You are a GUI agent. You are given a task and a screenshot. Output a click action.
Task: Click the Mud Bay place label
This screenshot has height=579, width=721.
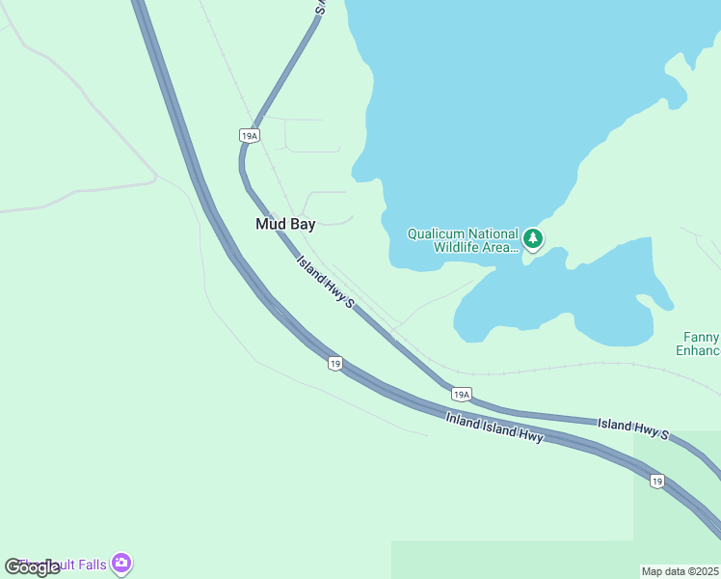pos(284,224)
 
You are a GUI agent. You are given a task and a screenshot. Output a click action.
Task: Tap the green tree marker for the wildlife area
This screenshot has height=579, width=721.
pos(533,238)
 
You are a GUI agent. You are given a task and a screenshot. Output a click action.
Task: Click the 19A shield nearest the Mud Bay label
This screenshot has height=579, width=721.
pos(249,136)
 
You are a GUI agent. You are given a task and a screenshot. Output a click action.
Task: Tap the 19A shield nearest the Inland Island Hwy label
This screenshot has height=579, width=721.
pos(461,394)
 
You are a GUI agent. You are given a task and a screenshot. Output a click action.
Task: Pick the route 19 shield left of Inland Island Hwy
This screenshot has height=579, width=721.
pos(334,363)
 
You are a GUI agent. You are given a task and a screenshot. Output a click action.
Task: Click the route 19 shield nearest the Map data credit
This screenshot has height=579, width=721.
pos(656,481)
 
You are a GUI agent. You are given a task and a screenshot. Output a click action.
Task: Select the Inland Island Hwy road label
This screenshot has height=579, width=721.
pos(494,427)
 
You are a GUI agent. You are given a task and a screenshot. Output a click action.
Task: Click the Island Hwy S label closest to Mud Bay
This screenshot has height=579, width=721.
pos(325,282)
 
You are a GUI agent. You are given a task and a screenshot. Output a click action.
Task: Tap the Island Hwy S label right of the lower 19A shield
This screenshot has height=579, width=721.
pos(632,428)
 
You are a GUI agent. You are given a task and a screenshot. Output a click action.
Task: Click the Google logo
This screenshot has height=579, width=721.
pos(32,566)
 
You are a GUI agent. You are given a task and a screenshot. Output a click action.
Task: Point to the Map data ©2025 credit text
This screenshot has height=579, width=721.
pos(680,571)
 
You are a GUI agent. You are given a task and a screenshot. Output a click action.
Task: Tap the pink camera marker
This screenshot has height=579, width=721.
pos(121,563)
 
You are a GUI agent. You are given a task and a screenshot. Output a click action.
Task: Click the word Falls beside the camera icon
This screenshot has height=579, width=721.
pos(92,565)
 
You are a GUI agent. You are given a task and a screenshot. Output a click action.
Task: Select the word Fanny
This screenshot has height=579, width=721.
pos(701,337)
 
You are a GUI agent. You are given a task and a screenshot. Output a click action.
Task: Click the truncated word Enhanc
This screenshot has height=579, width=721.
pos(698,350)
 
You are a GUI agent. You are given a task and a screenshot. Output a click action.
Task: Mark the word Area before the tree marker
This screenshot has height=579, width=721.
pos(500,247)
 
